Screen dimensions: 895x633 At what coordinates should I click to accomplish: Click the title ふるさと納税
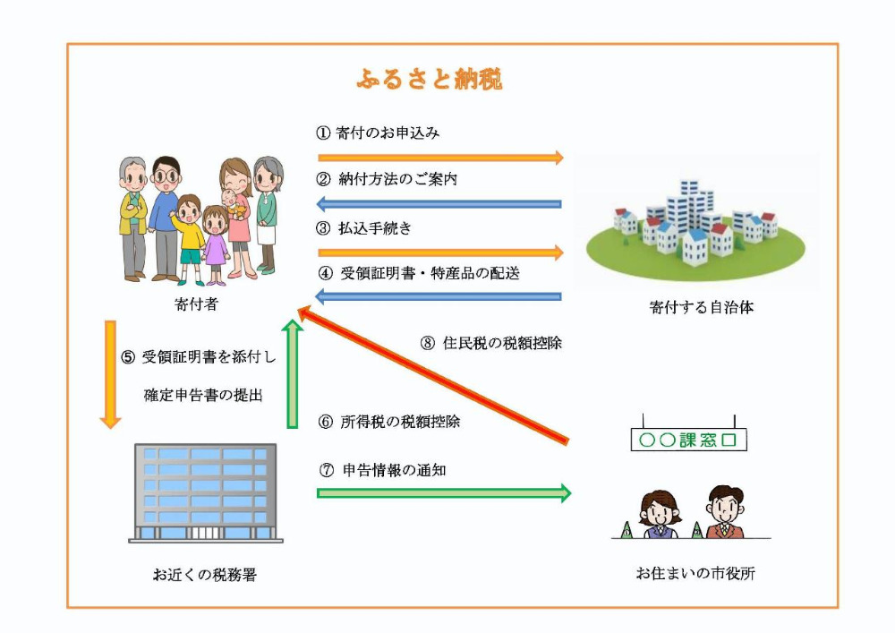click(x=430, y=80)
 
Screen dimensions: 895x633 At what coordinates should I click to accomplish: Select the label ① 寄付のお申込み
click(x=378, y=133)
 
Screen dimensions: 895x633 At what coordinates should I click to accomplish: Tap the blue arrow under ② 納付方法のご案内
click(x=439, y=204)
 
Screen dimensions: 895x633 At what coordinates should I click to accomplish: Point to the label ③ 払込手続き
click(x=363, y=228)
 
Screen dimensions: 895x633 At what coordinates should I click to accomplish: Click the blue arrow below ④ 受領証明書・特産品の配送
click(x=439, y=296)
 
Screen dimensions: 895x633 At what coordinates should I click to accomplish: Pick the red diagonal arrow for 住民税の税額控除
click(x=432, y=374)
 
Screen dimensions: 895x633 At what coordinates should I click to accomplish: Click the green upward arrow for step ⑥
click(x=293, y=374)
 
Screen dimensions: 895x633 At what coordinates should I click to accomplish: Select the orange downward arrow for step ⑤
click(x=110, y=374)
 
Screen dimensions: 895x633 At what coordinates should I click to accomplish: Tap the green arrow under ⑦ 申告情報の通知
click(x=444, y=493)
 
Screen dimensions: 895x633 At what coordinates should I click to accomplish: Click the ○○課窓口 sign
click(x=688, y=440)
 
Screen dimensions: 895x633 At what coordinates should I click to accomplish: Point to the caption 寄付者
click(x=196, y=304)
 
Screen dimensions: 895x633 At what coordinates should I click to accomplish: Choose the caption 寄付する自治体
click(x=701, y=307)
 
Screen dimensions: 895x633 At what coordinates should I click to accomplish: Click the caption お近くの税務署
click(x=204, y=574)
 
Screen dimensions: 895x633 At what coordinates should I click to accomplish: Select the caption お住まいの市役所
click(x=695, y=572)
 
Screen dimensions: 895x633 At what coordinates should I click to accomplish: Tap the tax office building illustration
click(x=206, y=493)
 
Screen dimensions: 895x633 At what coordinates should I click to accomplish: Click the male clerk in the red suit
click(x=725, y=512)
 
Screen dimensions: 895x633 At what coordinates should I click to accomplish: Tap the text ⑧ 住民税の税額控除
click(x=490, y=343)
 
